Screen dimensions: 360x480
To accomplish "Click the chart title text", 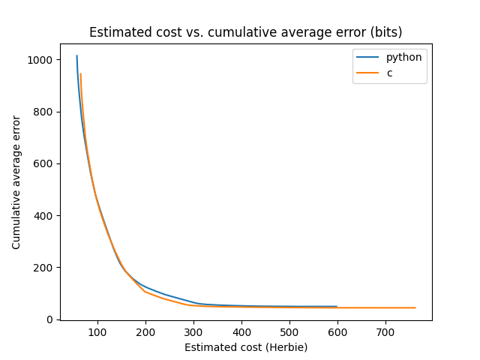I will click(x=245, y=32).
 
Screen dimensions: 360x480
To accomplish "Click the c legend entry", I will click(x=389, y=73).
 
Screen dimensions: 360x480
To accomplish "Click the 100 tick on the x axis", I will click(x=97, y=332).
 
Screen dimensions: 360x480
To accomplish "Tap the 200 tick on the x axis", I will click(x=145, y=332).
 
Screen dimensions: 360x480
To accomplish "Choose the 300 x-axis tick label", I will click(x=193, y=332).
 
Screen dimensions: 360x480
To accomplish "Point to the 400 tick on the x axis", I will click(x=241, y=332).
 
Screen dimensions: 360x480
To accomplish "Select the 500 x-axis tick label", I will click(x=289, y=332).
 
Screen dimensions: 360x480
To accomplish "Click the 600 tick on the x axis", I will click(x=337, y=332).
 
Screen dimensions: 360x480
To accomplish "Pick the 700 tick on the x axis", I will click(x=385, y=332).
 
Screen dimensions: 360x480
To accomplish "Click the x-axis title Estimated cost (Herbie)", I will click(x=246, y=347).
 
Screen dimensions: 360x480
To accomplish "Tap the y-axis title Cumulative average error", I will click(x=16, y=182).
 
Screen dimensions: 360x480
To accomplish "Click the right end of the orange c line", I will click(x=415, y=307).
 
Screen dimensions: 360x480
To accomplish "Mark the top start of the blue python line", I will click(x=76, y=56).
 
